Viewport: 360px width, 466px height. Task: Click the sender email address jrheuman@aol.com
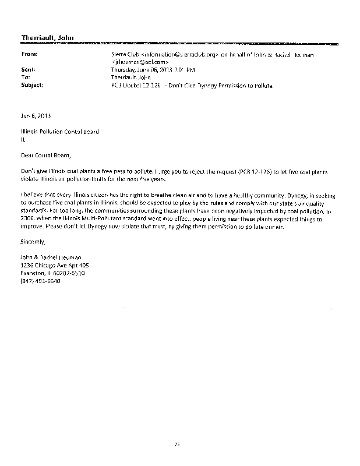coord(140,61)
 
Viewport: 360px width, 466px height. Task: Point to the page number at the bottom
coord(177,444)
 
